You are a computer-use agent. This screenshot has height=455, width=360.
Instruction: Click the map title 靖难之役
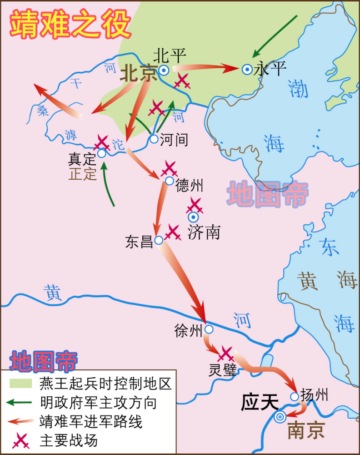tap(71, 24)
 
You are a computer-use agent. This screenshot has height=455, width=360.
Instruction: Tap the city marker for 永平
tap(247, 69)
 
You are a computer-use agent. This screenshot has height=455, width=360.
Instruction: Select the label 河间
tap(174, 139)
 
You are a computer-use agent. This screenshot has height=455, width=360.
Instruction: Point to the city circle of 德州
tap(170, 181)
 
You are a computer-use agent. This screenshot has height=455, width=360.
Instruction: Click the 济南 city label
tap(204, 233)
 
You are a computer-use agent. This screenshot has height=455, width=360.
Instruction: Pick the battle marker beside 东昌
tap(173, 232)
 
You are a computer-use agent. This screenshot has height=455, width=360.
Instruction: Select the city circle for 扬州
tap(295, 397)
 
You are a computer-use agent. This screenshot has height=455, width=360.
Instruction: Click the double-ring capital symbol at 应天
tap(280, 416)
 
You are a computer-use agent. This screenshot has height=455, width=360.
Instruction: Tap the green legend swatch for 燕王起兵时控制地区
tap(20, 384)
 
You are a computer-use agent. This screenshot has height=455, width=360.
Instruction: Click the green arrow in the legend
tap(20, 402)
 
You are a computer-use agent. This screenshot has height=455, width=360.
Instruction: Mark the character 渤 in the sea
tap(298, 89)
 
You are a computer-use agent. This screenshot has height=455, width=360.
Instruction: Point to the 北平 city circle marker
tap(164, 70)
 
